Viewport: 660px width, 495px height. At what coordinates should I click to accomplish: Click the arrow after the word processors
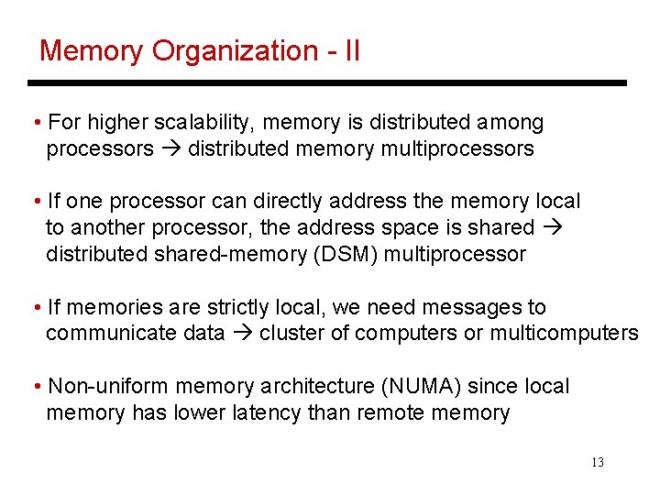point(170,148)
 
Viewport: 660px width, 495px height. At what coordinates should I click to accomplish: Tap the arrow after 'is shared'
point(551,226)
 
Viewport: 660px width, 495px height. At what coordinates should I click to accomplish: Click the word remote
point(392,413)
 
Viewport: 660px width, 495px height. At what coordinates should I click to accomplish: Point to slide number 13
point(598,462)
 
